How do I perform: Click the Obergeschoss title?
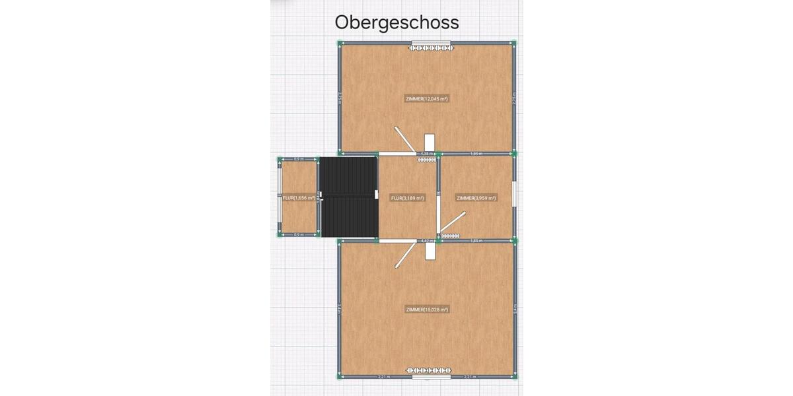[x=397, y=22]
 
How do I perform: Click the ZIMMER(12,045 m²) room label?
[x=427, y=99]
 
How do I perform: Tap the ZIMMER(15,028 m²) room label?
[x=427, y=310]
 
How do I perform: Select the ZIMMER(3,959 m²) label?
[x=476, y=198]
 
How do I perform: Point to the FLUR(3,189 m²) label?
[x=407, y=198]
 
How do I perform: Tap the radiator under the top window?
[x=431, y=48]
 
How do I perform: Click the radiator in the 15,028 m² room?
[x=430, y=370]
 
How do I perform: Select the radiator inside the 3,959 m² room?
[x=451, y=236]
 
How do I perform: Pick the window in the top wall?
[x=431, y=43]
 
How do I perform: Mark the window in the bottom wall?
[x=431, y=378]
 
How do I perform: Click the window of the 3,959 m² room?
[x=515, y=197]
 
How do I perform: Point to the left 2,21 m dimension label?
[x=383, y=377]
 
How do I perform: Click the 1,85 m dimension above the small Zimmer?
[x=476, y=153]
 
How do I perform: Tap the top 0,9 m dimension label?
[x=298, y=159]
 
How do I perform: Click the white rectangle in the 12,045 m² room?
[x=430, y=143]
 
